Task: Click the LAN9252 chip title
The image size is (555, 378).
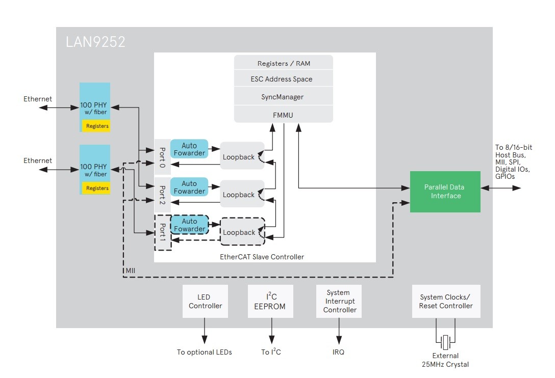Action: point(95,42)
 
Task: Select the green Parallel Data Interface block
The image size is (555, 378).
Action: point(445,192)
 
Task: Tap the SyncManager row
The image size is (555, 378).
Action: point(284,97)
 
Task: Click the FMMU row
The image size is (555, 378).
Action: point(284,115)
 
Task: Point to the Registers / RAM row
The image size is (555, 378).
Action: point(284,64)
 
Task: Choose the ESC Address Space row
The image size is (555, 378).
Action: point(284,79)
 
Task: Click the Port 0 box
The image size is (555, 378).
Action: point(162,157)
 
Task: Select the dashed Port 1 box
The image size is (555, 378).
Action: point(163,232)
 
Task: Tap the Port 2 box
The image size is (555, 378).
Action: point(162,195)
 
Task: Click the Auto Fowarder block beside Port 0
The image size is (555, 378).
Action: point(189,149)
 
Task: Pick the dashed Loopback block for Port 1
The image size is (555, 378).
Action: point(242,232)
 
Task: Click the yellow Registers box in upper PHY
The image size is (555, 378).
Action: point(97,126)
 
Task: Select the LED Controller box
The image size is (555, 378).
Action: point(205,302)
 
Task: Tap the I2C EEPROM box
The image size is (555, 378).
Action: point(271,302)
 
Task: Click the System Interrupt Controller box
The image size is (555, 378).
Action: point(339,302)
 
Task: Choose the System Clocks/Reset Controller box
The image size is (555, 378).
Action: point(446,302)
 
